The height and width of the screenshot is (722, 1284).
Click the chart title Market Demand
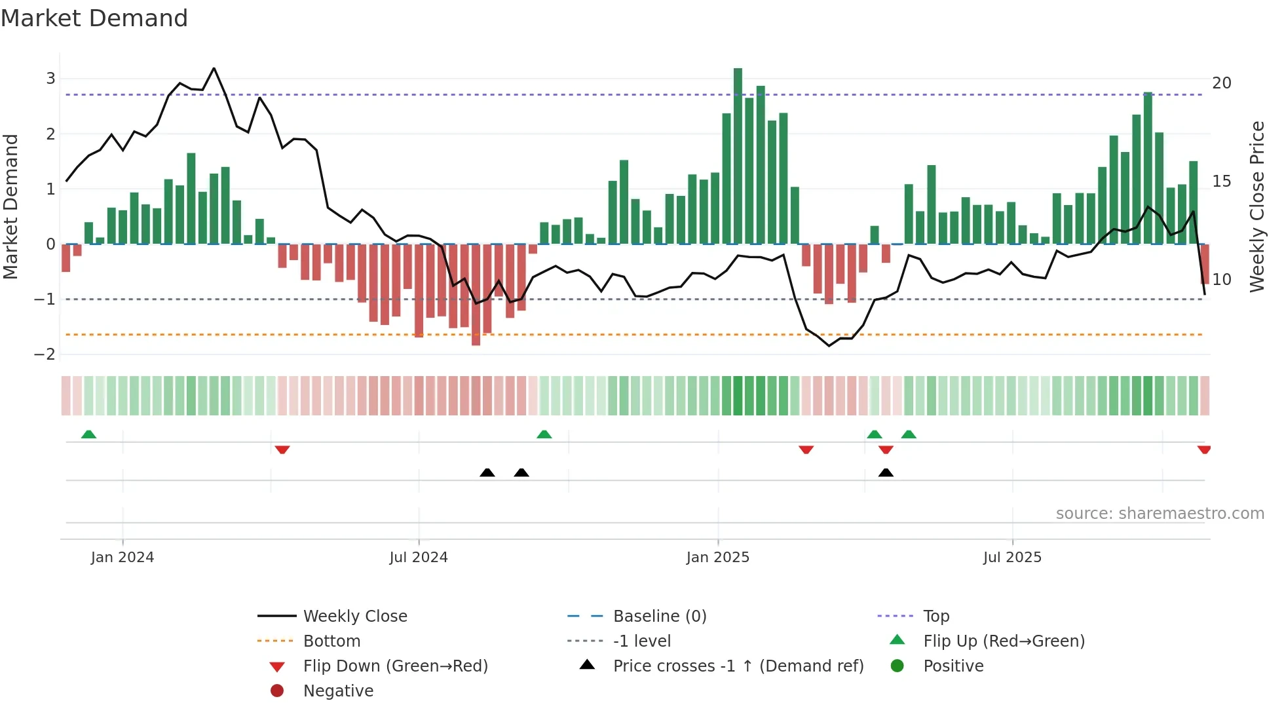click(x=94, y=18)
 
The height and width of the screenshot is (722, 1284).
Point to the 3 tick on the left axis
click(x=50, y=79)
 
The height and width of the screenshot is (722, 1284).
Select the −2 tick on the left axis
click(x=45, y=354)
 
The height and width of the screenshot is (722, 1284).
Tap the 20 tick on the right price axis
click(x=1222, y=83)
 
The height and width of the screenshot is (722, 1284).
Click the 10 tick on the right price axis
click(x=1222, y=280)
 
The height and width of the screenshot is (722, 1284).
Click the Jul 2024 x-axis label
click(x=419, y=558)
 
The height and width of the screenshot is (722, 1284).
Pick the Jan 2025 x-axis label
click(x=718, y=558)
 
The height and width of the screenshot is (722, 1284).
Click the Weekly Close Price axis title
click(x=1257, y=206)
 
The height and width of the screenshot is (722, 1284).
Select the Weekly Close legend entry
click(x=354, y=617)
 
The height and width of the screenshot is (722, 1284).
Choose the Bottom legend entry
click(x=331, y=641)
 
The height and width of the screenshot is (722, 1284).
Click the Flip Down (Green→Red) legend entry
click(x=395, y=666)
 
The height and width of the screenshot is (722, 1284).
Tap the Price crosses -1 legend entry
click(x=738, y=666)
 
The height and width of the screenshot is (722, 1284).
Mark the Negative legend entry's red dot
click(x=277, y=691)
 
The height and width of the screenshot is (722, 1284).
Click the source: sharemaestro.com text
click(x=1160, y=514)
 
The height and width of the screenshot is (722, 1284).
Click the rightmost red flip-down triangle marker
click(x=1204, y=449)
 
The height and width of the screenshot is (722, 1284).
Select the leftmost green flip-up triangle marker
click(x=88, y=434)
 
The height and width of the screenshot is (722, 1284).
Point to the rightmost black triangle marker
click(x=886, y=472)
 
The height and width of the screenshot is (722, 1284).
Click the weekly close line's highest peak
click(x=214, y=68)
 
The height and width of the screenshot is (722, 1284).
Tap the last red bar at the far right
click(x=1205, y=263)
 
